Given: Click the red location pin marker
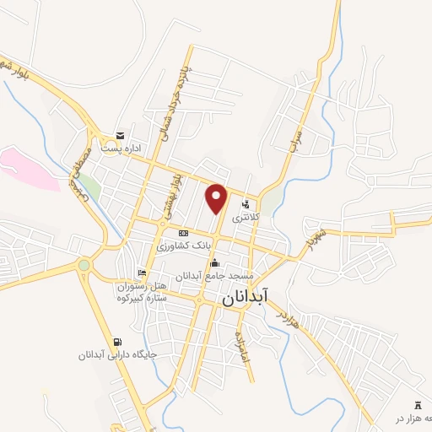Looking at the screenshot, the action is tap(217, 197).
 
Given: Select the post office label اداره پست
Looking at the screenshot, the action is tap(121, 148).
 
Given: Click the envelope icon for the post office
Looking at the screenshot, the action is tap(121, 136).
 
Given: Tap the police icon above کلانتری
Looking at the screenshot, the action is tap(246, 203).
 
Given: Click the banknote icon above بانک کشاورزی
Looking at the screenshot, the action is tap(183, 232).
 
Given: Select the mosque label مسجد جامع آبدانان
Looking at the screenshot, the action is tap(215, 276).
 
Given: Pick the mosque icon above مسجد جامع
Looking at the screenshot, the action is tap(214, 262).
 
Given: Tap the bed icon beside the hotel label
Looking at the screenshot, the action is tap(142, 273).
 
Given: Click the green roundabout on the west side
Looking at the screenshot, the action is tap(84, 266).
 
